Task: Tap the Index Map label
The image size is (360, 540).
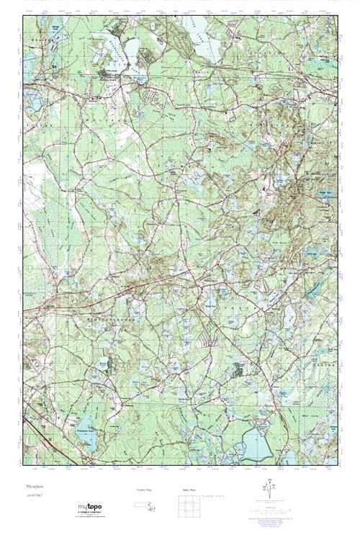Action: (x=189, y=490)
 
